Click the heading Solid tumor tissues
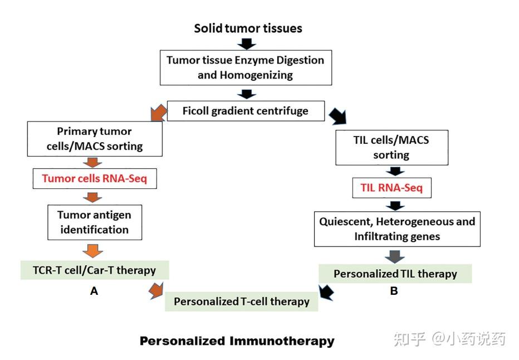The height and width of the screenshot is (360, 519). click(248, 28)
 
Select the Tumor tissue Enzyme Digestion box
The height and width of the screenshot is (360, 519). click(246, 67)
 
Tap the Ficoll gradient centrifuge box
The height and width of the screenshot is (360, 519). click(246, 110)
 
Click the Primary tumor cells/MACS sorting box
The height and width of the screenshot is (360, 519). click(95, 139)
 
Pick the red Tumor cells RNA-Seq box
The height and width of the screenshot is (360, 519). click(95, 178)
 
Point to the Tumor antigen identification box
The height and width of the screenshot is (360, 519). click(95, 222)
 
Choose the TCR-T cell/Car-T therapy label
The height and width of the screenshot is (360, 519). click(95, 270)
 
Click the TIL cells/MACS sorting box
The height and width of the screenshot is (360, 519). click(391, 147)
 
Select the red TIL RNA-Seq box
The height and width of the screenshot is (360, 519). click(391, 188)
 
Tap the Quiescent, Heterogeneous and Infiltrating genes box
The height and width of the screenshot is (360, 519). click(397, 229)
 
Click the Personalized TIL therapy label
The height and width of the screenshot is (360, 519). click(395, 274)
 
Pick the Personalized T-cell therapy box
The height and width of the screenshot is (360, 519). click(242, 301)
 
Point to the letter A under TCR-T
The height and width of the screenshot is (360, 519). click(94, 291)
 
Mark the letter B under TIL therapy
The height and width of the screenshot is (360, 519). click(394, 291)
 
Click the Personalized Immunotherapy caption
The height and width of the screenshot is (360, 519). click(237, 341)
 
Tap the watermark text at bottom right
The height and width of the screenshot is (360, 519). click(449, 339)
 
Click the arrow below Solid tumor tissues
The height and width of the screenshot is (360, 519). click(247, 43)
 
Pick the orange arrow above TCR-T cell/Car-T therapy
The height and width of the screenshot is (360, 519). click(92, 251)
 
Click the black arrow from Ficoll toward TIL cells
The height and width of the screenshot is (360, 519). click(338, 116)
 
